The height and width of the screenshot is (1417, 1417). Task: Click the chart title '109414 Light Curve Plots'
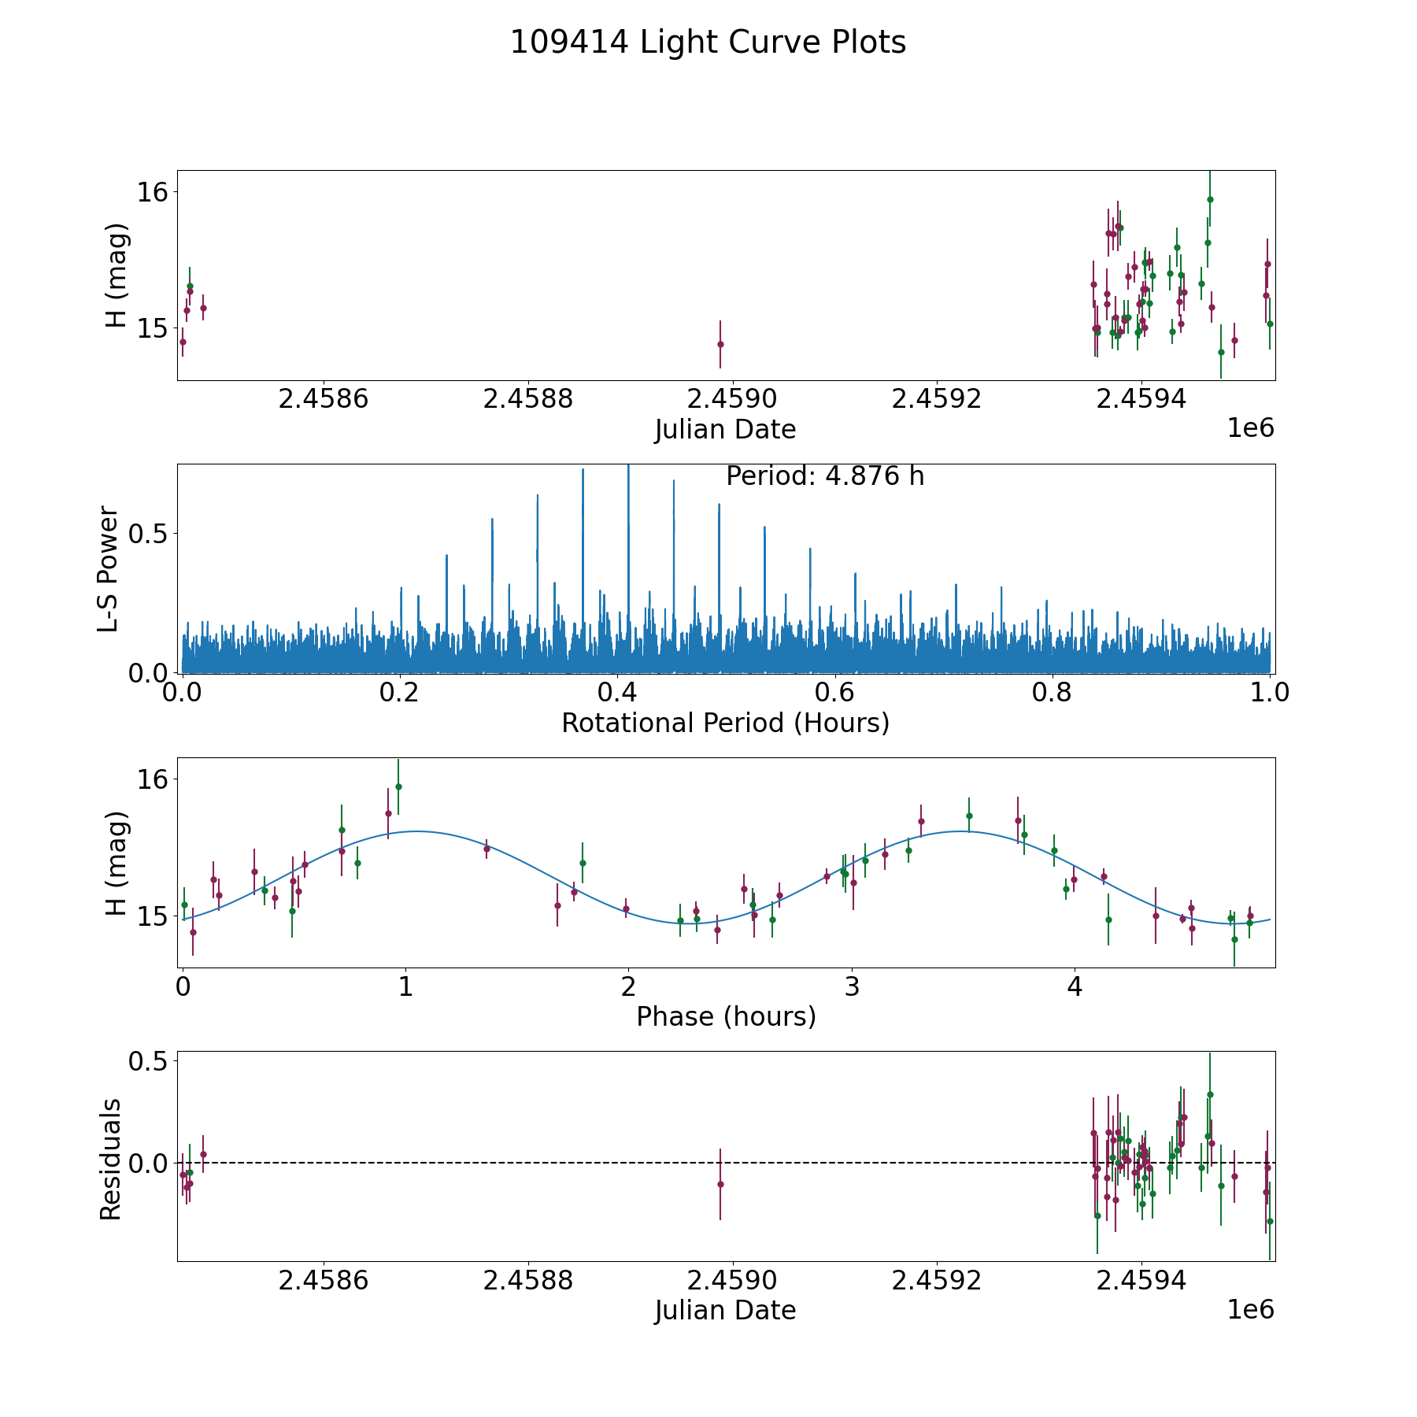coord(708,43)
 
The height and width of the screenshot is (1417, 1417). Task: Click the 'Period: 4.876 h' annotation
coord(825,476)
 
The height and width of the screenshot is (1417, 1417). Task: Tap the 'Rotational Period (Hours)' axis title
coord(725,723)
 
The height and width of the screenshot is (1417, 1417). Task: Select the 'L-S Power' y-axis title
coord(109,568)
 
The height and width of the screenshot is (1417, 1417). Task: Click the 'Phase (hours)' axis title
coord(726,1016)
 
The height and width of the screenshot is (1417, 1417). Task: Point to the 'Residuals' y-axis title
coord(110,1159)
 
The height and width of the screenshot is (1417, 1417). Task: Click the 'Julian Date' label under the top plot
coord(725,430)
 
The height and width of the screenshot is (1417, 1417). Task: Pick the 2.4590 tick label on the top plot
coord(732,399)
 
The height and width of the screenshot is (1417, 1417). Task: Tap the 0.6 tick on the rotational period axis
coord(834,693)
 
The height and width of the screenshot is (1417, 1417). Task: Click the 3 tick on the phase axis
coord(851,986)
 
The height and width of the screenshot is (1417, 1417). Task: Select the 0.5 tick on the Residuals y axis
coord(149,1062)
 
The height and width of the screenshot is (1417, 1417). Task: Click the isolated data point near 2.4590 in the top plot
coord(720,344)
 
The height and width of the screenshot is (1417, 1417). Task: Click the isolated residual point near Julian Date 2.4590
coord(720,1184)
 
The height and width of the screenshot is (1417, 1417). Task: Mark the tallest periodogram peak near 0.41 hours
coord(628,466)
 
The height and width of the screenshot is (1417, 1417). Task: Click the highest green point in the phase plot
coord(398,786)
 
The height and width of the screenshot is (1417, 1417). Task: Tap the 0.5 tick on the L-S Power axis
coord(149,533)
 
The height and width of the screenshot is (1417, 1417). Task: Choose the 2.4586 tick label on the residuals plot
coord(324,1280)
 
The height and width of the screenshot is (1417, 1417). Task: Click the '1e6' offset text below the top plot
coord(1250,429)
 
